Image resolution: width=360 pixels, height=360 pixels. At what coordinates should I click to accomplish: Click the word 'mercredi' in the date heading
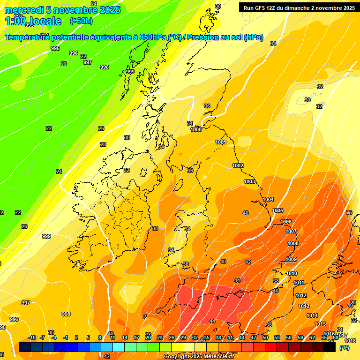pyautogui.click(x=24, y=10)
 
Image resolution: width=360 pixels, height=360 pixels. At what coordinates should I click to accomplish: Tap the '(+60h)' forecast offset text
pyautogui.click(x=81, y=21)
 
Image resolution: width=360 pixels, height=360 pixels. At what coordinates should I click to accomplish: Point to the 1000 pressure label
pyautogui.click(x=196, y=129)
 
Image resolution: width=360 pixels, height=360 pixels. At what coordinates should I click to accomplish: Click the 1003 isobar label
pyautogui.click(x=249, y=181)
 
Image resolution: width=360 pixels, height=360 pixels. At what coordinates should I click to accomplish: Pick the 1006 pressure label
pyautogui.click(x=286, y=222)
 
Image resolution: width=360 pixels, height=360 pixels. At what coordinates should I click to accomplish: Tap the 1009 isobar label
pyautogui.click(x=291, y=259)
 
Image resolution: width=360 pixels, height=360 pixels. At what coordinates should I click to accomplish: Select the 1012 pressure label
pyautogui.click(x=301, y=295)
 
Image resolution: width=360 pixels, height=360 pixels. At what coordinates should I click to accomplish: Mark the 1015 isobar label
pyautogui.click(x=320, y=324)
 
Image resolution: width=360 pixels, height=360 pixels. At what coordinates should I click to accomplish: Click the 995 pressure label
pyautogui.click(x=55, y=48)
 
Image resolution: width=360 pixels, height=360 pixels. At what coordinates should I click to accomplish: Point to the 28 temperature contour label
pyautogui.click(x=103, y=144)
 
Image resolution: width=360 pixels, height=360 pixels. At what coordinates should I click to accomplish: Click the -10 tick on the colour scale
pyautogui.click(x=32, y=337)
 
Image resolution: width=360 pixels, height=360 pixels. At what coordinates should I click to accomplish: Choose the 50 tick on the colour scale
pyautogui.click(x=265, y=337)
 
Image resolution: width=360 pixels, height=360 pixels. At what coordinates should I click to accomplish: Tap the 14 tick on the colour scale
pyautogui.click(x=125, y=337)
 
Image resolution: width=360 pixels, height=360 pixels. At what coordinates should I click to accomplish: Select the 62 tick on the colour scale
pyautogui.click(x=312, y=337)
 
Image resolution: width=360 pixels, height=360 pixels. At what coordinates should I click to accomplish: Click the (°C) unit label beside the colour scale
pyautogui.click(x=344, y=348)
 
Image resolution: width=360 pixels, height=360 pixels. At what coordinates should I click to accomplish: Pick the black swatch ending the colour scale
pyautogui.click(x=330, y=347)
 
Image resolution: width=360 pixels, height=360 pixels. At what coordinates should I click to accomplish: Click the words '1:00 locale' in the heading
pyautogui.click(x=33, y=21)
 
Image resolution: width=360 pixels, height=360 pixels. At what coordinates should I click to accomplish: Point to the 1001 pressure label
pyautogui.click(x=221, y=142)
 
